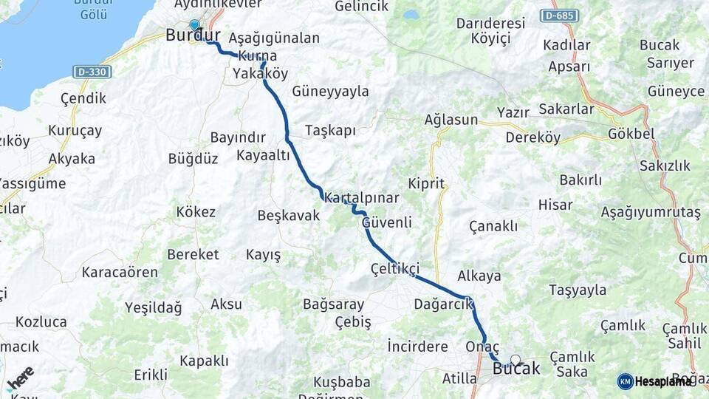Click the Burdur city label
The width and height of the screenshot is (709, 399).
coord(193,35)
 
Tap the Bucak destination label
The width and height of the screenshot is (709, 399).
coord(516,369)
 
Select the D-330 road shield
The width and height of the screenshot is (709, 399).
coord(93,72)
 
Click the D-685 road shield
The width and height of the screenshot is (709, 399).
coord(559,16)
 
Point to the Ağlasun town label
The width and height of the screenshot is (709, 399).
coord(451,120)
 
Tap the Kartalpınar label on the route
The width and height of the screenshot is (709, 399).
coord(362,199)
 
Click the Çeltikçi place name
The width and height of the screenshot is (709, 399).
coord(395,269)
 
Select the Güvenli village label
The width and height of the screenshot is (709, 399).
coord(386,222)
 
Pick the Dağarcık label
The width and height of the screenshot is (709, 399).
coord(443,304)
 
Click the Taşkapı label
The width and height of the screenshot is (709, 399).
coord(330,131)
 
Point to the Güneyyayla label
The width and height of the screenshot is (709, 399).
coord(330,92)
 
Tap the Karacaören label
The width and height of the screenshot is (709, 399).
coord(120,272)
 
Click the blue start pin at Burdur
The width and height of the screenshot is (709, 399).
coord(194,24)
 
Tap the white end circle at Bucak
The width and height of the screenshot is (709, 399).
coord(516,361)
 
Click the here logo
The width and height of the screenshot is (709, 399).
coord(20,378)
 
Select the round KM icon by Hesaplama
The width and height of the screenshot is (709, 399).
coord(626,381)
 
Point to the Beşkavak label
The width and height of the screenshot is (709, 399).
coord(288,216)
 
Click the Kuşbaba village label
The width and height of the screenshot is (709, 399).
coord(342,382)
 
